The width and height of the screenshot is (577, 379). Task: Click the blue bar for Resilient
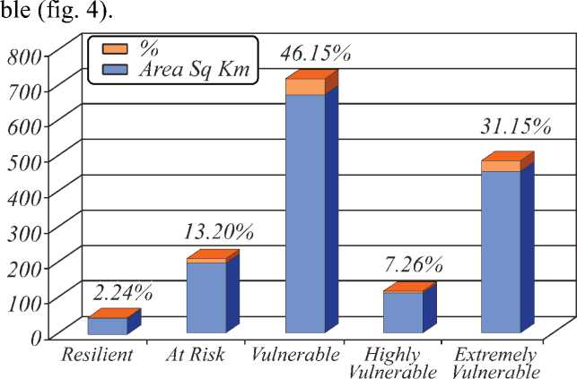tap(107, 327)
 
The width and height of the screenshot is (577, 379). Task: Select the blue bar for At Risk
tap(205, 299)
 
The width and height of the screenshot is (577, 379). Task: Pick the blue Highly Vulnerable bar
tap(403, 314)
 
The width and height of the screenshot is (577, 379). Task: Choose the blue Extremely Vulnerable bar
tap(501, 254)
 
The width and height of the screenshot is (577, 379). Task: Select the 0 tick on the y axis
tap(36, 338)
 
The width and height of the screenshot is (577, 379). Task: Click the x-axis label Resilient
tap(97, 354)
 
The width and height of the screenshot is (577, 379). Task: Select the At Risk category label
tap(195, 354)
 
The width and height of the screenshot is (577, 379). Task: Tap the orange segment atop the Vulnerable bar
tap(304, 87)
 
